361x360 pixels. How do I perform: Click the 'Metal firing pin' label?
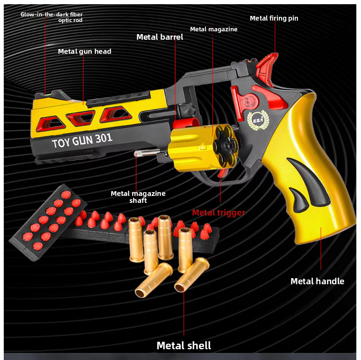click(x=274, y=18)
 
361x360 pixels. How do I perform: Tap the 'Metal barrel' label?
click(x=159, y=37)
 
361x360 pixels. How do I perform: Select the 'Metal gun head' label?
click(x=85, y=51)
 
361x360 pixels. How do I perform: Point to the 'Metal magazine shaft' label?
click(x=138, y=197)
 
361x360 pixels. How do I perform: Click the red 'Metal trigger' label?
click(x=219, y=213)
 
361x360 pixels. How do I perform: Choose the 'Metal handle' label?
click(x=317, y=281)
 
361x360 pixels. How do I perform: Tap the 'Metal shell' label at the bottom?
click(x=184, y=346)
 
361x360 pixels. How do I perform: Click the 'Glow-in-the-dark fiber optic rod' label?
click(x=51, y=17)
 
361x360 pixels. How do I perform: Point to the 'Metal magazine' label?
click(x=213, y=29)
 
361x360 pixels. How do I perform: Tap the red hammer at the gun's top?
click(x=268, y=65)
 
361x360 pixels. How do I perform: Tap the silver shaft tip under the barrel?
click(x=139, y=153)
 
